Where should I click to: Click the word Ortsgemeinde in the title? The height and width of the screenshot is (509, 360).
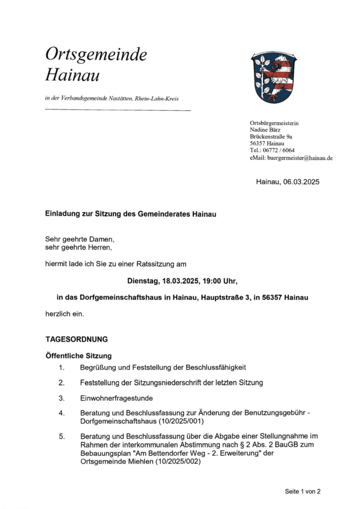(x=95, y=55)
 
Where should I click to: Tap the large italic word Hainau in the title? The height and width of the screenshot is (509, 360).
(x=73, y=76)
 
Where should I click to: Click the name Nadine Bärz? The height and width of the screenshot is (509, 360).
(x=265, y=130)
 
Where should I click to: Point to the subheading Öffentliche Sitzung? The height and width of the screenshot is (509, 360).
(x=79, y=356)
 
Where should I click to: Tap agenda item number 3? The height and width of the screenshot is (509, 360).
(x=62, y=398)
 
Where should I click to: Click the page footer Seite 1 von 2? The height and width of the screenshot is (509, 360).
(x=302, y=491)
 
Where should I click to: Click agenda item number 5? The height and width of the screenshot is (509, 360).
(x=62, y=436)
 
